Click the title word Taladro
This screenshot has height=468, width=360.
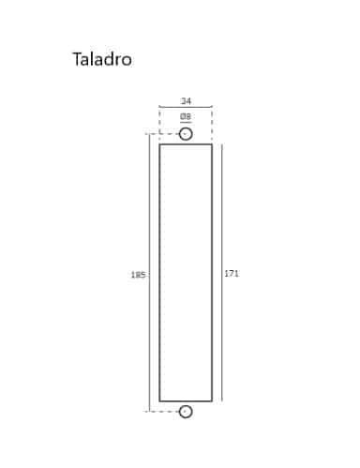(102, 59)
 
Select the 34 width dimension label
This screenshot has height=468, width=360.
(186, 101)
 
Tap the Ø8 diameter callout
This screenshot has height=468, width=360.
(186, 116)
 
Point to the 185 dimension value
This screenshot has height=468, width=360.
(138, 275)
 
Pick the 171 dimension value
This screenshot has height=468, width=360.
(232, 274)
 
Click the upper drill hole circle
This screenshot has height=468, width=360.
(186, 128)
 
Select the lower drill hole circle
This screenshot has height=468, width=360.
(186, 405)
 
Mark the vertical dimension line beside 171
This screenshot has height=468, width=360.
(222, 273)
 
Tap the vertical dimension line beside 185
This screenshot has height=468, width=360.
(149, 273)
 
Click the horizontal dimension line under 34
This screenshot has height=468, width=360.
(186, 107)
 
